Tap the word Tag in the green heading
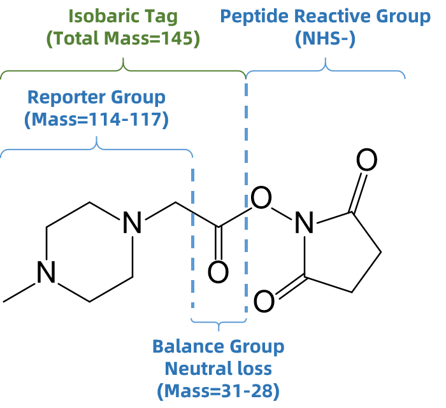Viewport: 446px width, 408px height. (x=160, y=15)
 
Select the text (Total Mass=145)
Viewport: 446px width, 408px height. (x=123, y=38)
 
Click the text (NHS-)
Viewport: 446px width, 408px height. (x=325, y=38)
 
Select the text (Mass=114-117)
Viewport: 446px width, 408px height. (x=96, y=120)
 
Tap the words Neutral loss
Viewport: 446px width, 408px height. (x=218, y=369)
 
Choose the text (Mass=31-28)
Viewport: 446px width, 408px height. (x=218, y=391)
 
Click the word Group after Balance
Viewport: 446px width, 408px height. (x=257, y=347)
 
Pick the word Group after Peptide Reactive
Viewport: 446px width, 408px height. (x=403, y=16)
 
